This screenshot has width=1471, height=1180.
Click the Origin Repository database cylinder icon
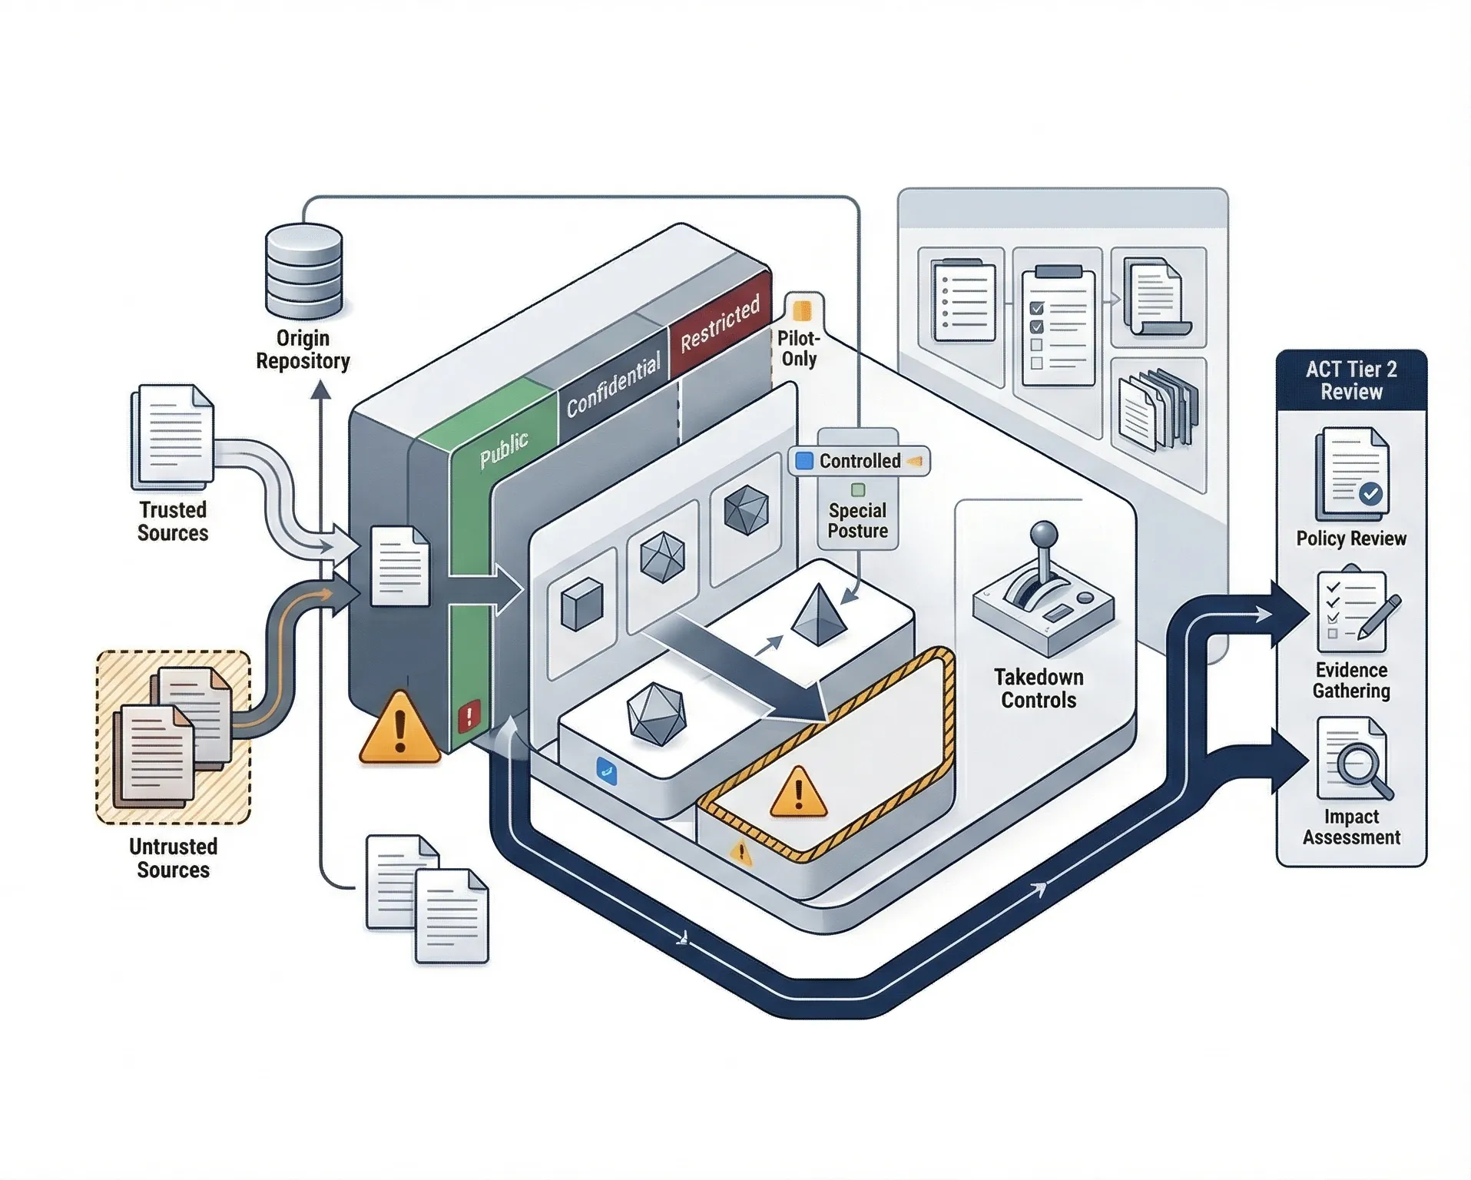(303, 270)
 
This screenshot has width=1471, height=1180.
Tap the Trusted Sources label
(173, 522)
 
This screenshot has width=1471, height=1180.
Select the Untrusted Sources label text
(173, 858)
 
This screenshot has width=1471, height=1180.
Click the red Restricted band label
(720, 323)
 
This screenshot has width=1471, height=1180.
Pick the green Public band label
(504, 450)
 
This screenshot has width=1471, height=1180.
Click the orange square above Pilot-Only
(802, 310)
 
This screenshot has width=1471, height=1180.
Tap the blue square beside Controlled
(804, 461)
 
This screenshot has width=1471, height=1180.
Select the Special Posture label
(857, 521)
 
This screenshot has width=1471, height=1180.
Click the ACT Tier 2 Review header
(1351, 380)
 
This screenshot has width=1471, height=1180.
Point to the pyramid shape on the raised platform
(819, 615)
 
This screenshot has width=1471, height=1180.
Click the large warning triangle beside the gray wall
(399, 728)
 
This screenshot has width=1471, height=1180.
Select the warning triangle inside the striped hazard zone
(798, 792)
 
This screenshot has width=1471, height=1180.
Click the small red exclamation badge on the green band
(469, 716)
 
